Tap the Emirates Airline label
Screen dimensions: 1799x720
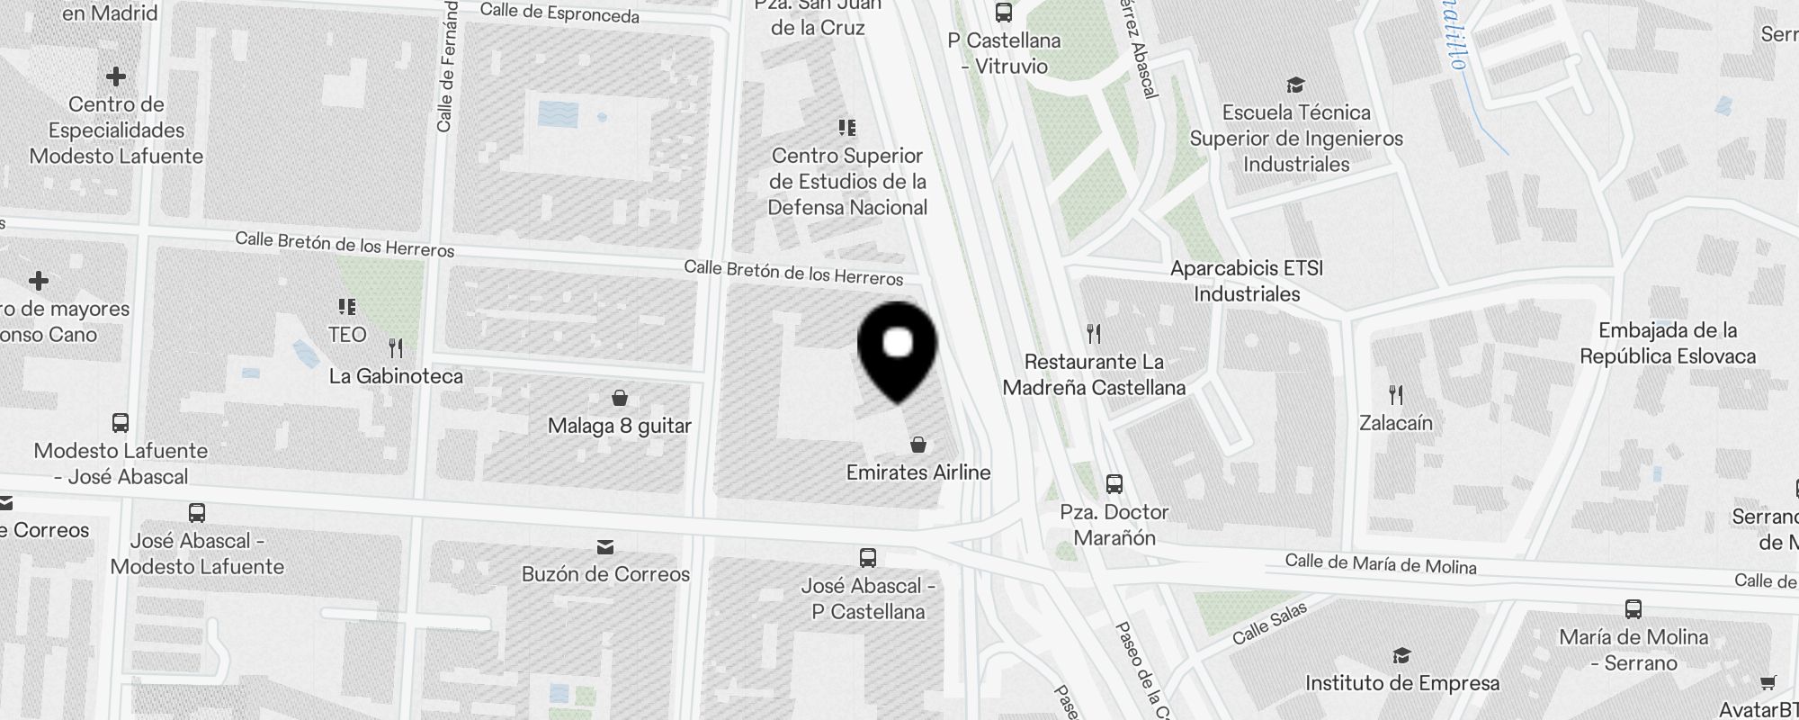click(x=917, y=472)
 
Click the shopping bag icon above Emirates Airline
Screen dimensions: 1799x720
click(x=918, y=445)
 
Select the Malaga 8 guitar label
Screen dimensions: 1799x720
click(x=619, y=426)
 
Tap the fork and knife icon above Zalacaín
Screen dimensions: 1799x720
click(x=1395, y=394)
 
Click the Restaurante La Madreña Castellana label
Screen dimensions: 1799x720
click(x=1094, y=374)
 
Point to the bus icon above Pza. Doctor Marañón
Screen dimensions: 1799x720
click(x=1114, y=484)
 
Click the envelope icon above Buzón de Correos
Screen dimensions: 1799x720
click(x=605, y=547)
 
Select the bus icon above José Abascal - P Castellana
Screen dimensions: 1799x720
click(x=868, y=558)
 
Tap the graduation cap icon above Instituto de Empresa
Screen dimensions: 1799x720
click(x=1401, y=655)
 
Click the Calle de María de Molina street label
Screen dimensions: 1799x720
click(x=1380, y=564)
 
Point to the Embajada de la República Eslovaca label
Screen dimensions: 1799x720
click(x=1667, y=343)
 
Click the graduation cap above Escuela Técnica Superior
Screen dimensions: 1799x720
click(x=1295, y=85)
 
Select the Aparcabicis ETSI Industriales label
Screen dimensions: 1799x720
click(x=1247, y=281)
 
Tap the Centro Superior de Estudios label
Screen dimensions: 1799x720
click(x=847, y=182)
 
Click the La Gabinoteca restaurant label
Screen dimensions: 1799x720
click(x=396, y=376)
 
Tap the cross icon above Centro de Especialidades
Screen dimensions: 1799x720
click(x=116, y=76)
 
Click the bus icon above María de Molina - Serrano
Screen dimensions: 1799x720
click(x=1633, y=609)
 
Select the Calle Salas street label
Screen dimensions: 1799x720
click(x=1268, y=624)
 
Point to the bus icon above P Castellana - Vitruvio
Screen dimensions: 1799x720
click(x=1004, y=13)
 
